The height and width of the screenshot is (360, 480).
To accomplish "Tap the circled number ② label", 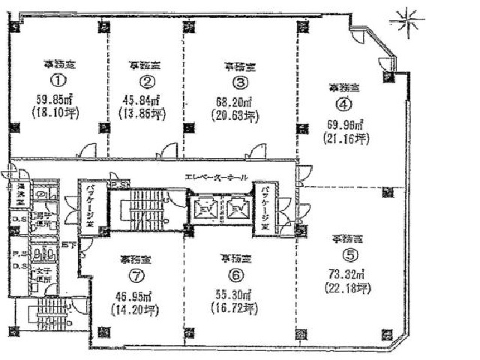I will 148,81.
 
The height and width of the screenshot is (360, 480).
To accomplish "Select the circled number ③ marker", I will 240,82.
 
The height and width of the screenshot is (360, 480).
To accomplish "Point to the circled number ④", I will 343,105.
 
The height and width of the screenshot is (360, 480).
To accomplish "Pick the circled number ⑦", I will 136,276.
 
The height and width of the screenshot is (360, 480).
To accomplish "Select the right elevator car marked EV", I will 238,207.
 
